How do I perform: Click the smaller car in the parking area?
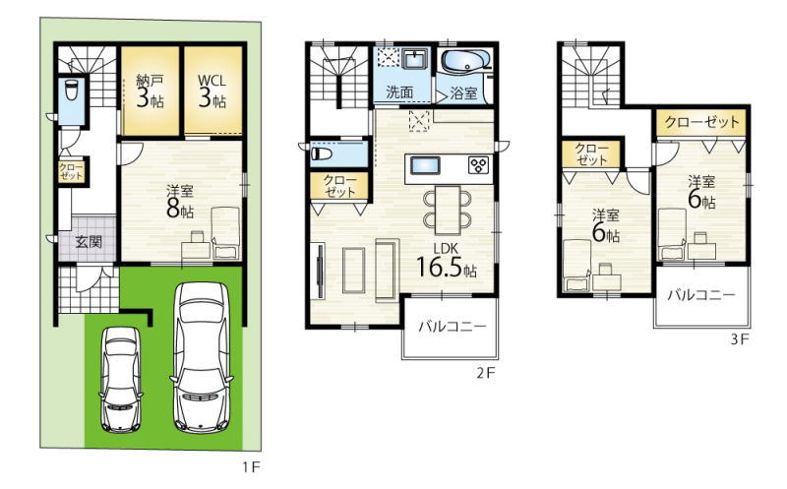pos(121,380)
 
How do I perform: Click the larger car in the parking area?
pos(202,357)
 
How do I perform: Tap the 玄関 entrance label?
pos(89,242)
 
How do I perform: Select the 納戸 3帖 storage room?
pos(151,91)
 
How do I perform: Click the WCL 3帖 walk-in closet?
pos(212,91)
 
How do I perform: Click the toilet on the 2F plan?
pos(322,153)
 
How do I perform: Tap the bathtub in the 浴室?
pos(466,61)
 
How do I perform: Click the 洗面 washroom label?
pos(400,92)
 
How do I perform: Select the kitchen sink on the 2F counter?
pos(425,165)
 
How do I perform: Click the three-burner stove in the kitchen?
pos(478,165)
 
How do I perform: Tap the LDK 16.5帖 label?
pos(447,262)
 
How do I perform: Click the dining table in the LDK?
pos(448,210)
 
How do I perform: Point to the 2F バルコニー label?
pos(453,327)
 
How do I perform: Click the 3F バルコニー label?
pos(701,295)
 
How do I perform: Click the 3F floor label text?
pos(740,339)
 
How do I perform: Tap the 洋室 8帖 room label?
pos(180,202)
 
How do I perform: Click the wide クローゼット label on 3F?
pos(702,122)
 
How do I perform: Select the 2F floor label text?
pos(485,373)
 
